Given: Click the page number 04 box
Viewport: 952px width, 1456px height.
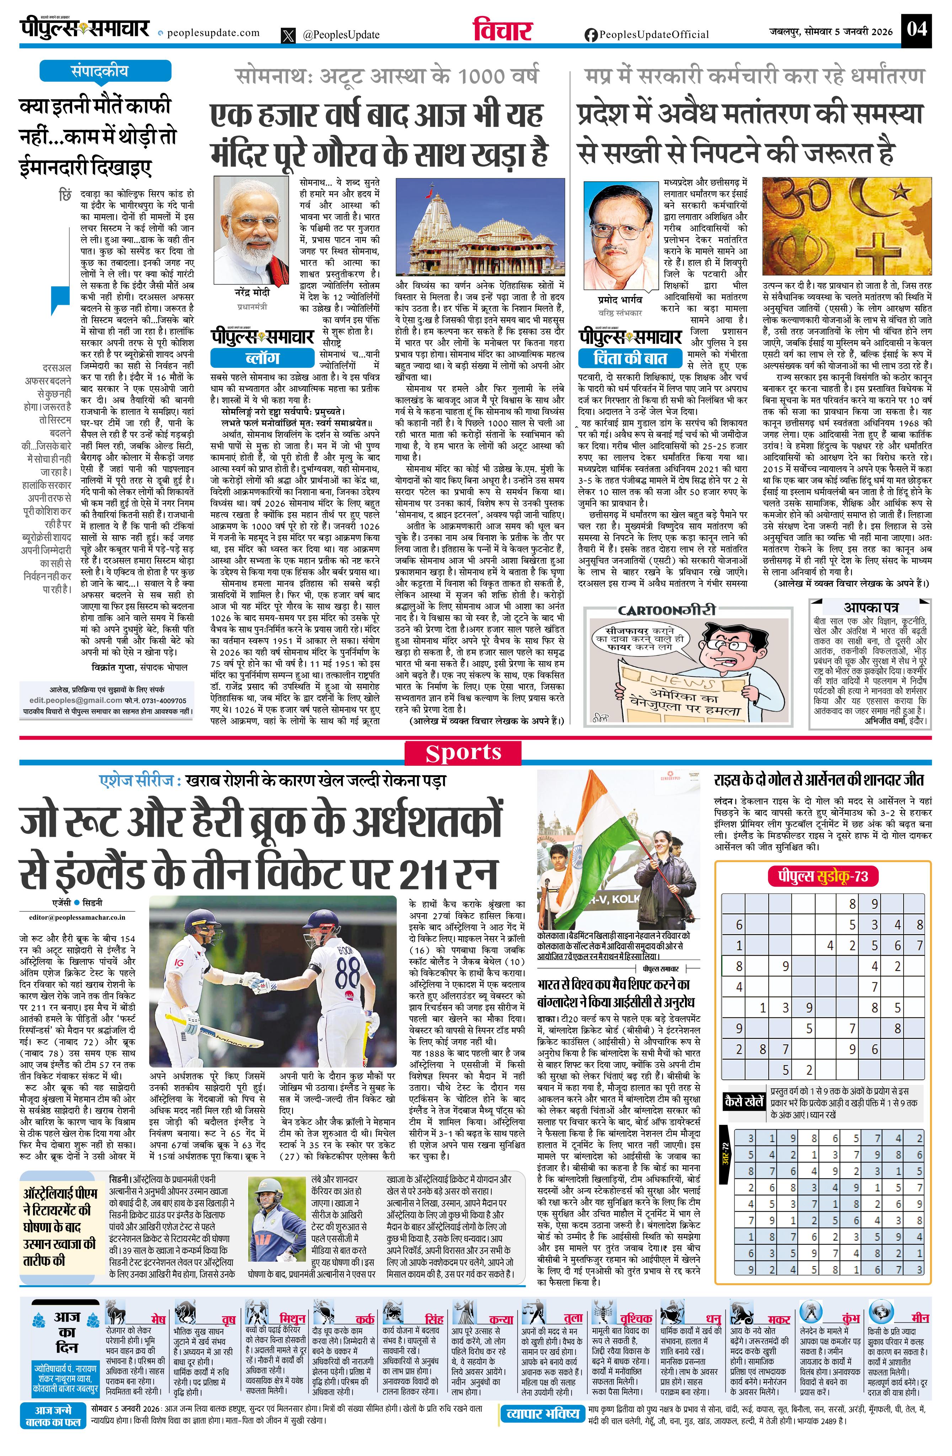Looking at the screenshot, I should pyautogui.click(x=916, y=30).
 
